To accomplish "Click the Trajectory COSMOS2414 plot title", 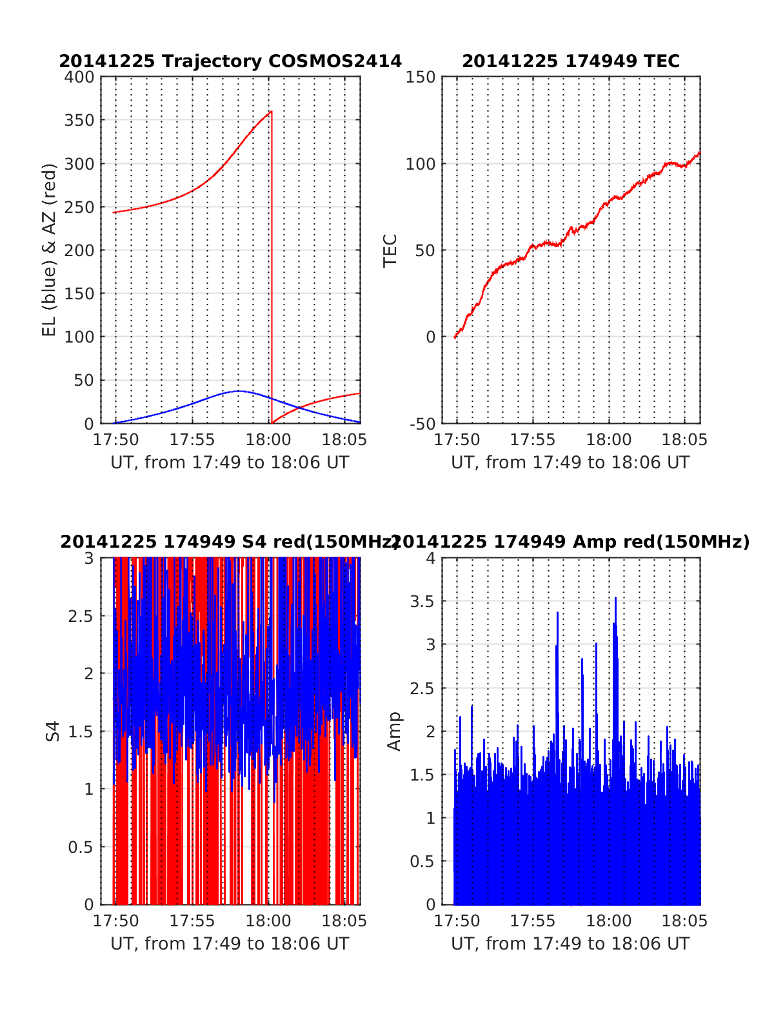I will click(230, 61).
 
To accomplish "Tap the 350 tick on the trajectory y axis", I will click(80, 121).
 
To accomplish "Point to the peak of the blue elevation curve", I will click(239, 391).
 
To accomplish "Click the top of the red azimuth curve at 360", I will click(271, 112).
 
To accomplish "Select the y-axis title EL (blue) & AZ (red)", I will click(50, 250).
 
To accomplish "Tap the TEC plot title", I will click(571, 61).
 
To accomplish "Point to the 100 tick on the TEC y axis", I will click(421, 164).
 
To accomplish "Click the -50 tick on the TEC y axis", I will click(422, 424).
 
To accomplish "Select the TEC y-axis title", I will click(390, 250).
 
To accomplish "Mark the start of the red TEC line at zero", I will click(455, 336).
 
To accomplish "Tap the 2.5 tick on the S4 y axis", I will click(81, 616).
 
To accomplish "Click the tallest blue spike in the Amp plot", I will click(615, 599).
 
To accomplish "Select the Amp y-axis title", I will click(393, 732).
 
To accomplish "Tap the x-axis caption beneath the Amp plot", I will click(570, 944).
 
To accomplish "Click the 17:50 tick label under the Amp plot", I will click(457, 921).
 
